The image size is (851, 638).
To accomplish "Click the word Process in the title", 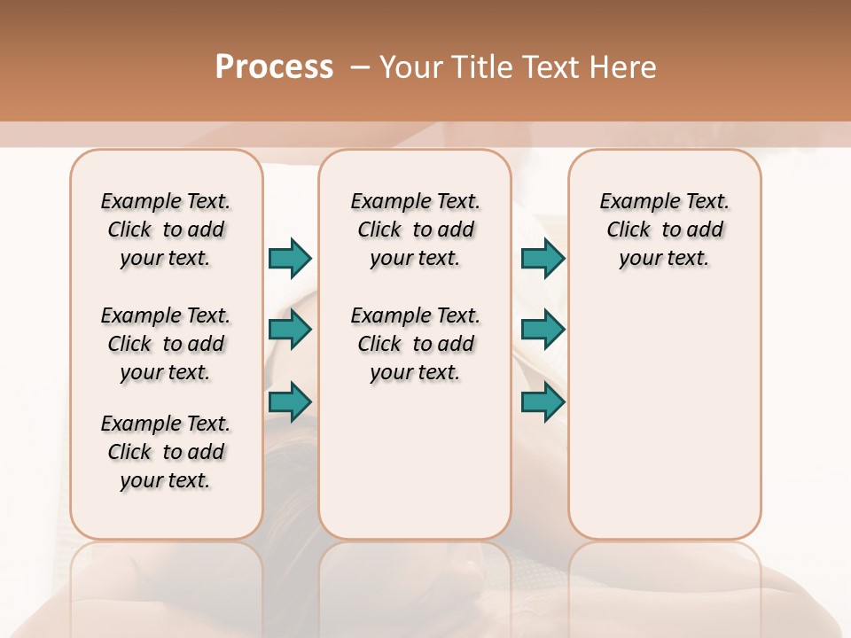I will (274, 67).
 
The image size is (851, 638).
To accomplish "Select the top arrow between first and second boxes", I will (290, 258).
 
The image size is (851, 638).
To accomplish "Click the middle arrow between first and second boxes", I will (290, 330).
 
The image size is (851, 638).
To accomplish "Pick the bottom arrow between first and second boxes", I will (290, 401).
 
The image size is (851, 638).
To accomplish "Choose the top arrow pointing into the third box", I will (543, 258).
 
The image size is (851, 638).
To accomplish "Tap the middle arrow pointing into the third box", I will (543, 330).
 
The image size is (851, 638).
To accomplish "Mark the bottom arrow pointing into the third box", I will (543, 401).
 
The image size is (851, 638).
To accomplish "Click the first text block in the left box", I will (166, 230).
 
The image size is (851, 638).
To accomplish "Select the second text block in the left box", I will (166, 344).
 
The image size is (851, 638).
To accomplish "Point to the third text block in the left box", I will (166, 452).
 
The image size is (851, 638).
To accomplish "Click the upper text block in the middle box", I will (416, 230).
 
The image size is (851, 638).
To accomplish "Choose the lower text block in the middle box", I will (416, 344).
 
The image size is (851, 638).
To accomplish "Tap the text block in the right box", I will (665, 230).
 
